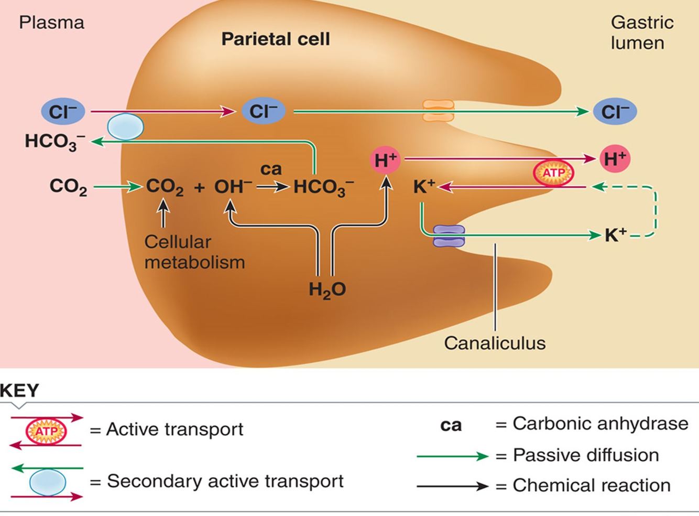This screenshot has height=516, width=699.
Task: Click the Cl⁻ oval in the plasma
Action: click(63, 112)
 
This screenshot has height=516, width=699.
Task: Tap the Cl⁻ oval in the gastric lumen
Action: click(615, 112)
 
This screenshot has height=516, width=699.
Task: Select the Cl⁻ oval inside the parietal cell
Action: click(263, 111)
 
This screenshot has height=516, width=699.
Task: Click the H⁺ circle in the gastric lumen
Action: click(615, 158)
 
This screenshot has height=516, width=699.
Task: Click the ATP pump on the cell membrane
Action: click(553, 173)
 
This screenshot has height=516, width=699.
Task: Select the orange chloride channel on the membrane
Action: click(439, 111)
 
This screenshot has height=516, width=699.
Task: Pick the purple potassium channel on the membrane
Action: click(449, 236)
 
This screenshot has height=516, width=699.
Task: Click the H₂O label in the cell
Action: click(327, 289)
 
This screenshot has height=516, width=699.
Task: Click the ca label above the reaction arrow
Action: click(271, 169)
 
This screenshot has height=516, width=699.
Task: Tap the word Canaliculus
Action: click(495, 343)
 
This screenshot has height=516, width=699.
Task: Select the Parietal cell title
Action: click(276, 39)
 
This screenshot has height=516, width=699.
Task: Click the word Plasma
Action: click(51, 23)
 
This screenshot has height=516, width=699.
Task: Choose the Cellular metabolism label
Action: click(194, 252)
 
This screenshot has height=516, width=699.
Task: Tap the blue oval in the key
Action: click(48, 482)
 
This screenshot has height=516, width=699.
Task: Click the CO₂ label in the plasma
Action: click(68, 186)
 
